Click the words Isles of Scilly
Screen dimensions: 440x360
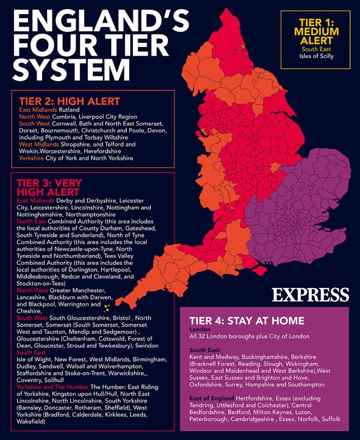point(316,56)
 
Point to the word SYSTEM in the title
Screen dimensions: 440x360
point(67,68)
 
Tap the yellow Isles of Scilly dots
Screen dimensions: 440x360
point(107,308)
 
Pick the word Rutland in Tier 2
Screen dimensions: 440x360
point(70,110)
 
